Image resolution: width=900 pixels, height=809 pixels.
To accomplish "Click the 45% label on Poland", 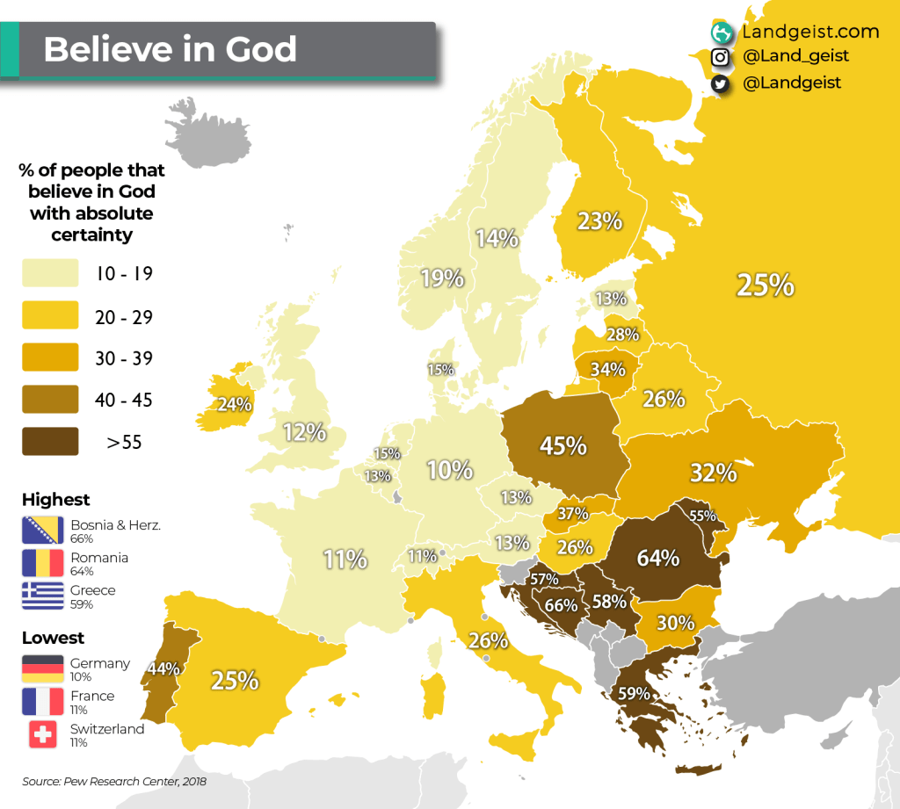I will click(563, 445).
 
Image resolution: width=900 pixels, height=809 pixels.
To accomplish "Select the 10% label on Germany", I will click(450, 470).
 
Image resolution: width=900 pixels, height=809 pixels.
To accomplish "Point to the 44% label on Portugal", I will click(163, 668).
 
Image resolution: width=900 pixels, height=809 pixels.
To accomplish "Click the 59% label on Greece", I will click(635, 693).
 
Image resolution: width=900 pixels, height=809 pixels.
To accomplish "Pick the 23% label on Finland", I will click(600, 220).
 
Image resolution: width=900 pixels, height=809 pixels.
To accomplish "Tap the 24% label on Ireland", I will click(236, 405).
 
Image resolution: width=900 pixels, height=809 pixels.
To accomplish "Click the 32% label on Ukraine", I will click(713, 473).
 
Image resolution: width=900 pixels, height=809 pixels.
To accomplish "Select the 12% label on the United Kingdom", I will click(305, 431).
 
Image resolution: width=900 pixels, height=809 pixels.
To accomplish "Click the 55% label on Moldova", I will click(702, 516).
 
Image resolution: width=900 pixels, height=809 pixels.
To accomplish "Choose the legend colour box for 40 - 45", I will click(50, 400).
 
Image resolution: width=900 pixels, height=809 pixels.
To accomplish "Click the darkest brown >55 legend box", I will click(50, 441).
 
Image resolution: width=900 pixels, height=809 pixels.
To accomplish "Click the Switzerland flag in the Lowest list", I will click(43, 733).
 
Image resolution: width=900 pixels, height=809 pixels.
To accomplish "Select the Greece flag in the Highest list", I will click(43, 596).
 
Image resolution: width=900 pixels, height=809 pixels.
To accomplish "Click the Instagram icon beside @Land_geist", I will click(721, 57).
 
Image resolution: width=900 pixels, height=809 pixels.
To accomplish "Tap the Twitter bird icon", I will click(721, 83).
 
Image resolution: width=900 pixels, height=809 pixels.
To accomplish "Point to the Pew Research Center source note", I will click(114, 780).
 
